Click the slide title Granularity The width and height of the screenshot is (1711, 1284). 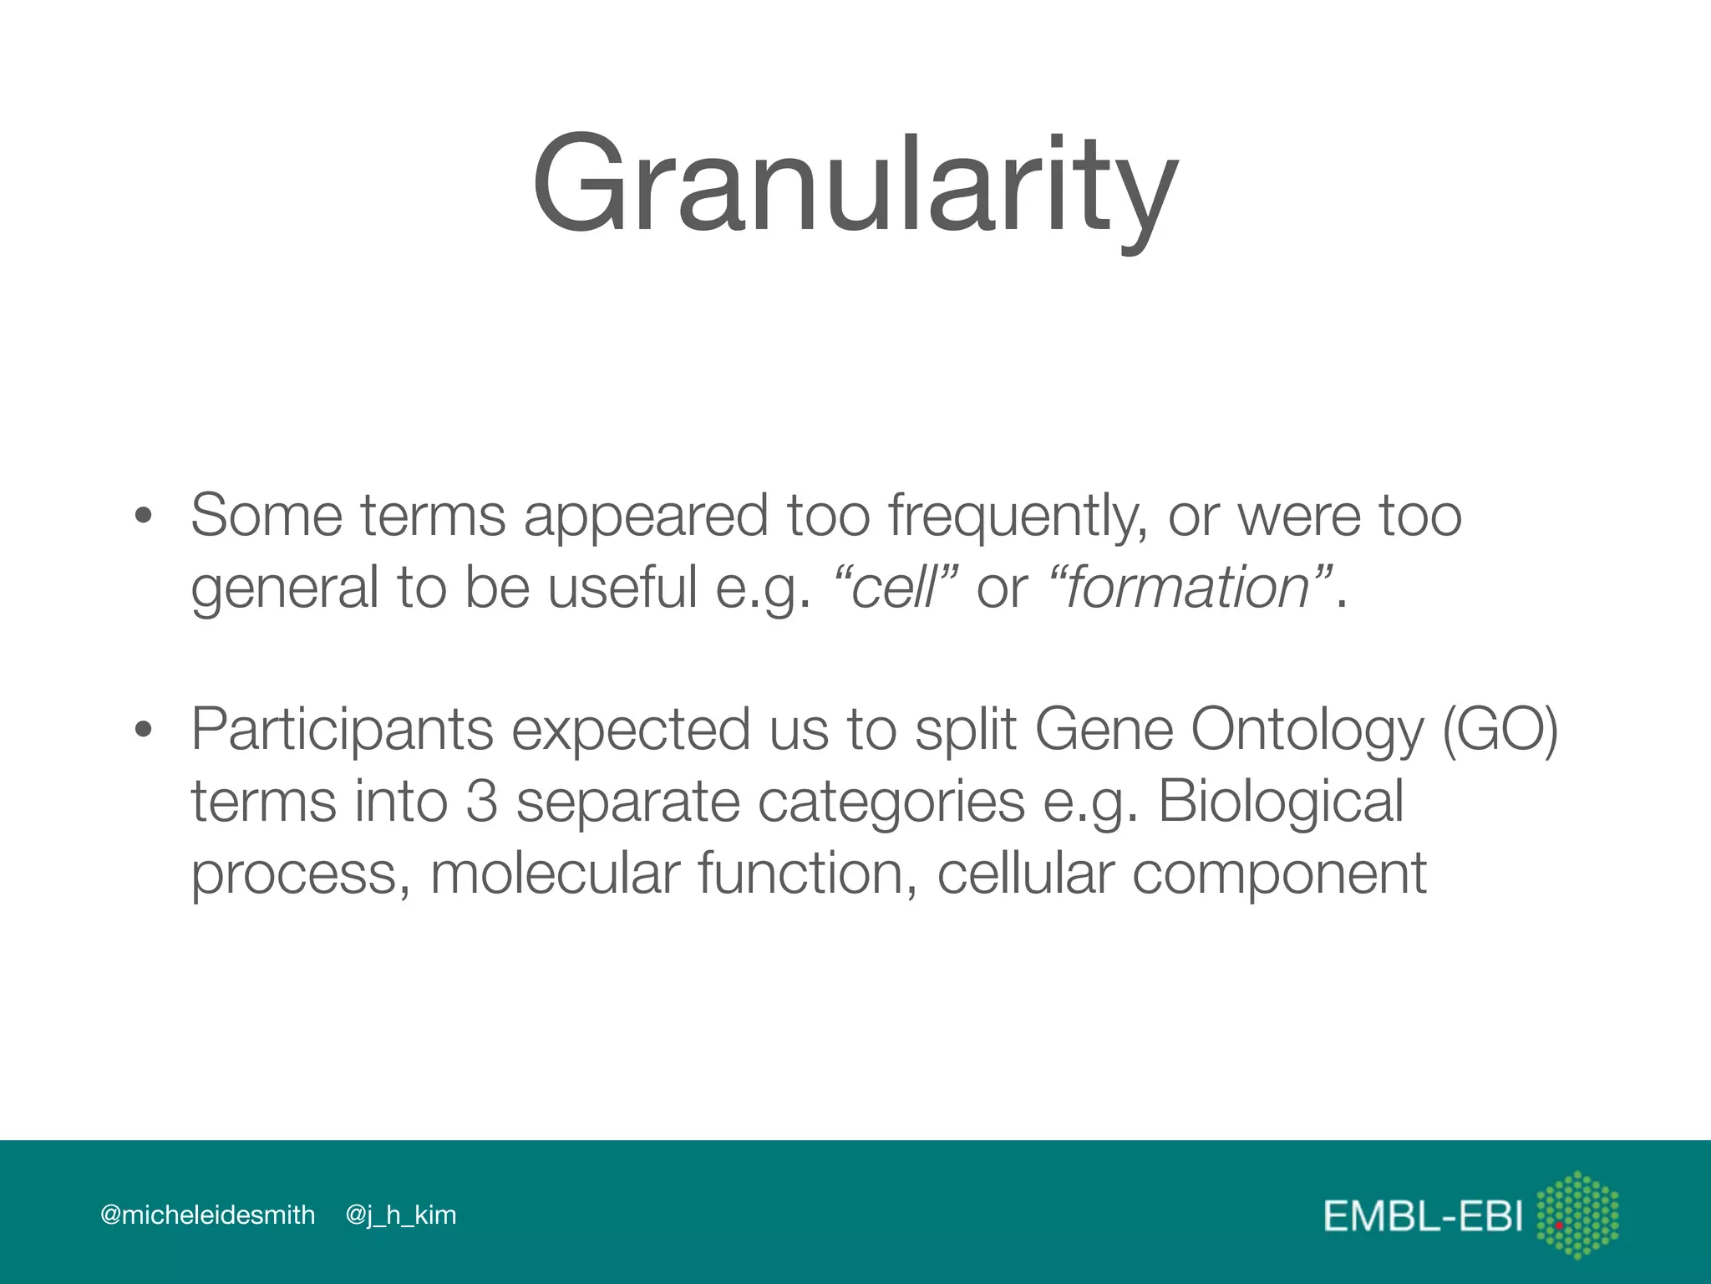click(x=855, y=186)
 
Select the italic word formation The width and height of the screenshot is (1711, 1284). click(x=1187, y=587)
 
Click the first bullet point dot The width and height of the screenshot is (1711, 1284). click(x=144, y=516)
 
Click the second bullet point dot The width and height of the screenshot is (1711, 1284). click(x=144, y=730)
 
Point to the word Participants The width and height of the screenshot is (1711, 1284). click(x=342, y=730)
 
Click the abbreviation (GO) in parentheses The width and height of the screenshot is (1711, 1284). click(x=1500, y=730)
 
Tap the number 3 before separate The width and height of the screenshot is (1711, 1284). click(x=482, y=801)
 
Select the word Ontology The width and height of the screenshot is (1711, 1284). click(x=1307, y=730)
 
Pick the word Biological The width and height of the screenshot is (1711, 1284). click(x=1280, y=801)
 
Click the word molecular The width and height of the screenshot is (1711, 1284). click(x=555, y=873)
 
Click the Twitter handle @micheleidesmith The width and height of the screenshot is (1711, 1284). click(x=207, y=1215)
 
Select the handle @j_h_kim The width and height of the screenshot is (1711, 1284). click(x=400, y=1215)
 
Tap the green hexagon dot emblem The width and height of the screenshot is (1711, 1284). click(x=1577, y=1215)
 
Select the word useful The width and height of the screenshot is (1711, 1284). click(x=622, y=587)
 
